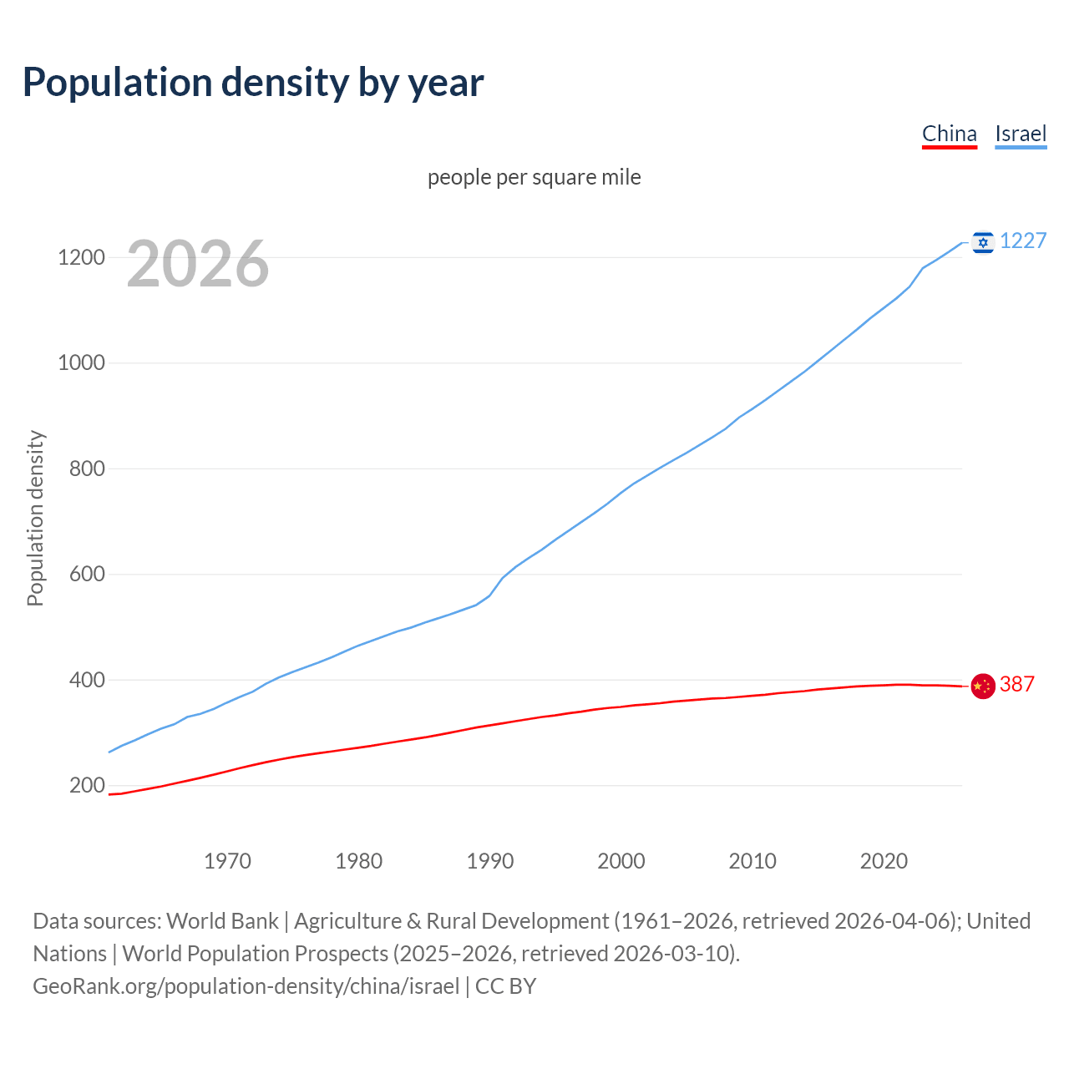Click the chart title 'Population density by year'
pos(253,82)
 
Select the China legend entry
pos(949,134)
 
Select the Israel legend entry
pos(1021,134)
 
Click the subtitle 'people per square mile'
pos(534,177)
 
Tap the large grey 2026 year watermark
pos(198,264)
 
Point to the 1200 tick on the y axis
pos(81,257)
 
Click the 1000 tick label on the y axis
pos(81,362)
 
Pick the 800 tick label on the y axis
pos(87,469)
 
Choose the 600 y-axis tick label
pos(87,574)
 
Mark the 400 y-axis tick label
pos(87,680)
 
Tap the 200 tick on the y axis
pos(87,785)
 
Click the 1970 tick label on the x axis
pos(227,861)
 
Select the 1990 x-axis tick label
pos(490,861)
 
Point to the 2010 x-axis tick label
pos(752,861)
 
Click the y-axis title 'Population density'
pos(35,518)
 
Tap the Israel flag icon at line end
pos(983,242)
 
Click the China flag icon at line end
pos(983,686)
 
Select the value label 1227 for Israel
pos(1023,241)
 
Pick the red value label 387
pos(1017,684)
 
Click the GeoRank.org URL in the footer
pos(246,986)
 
